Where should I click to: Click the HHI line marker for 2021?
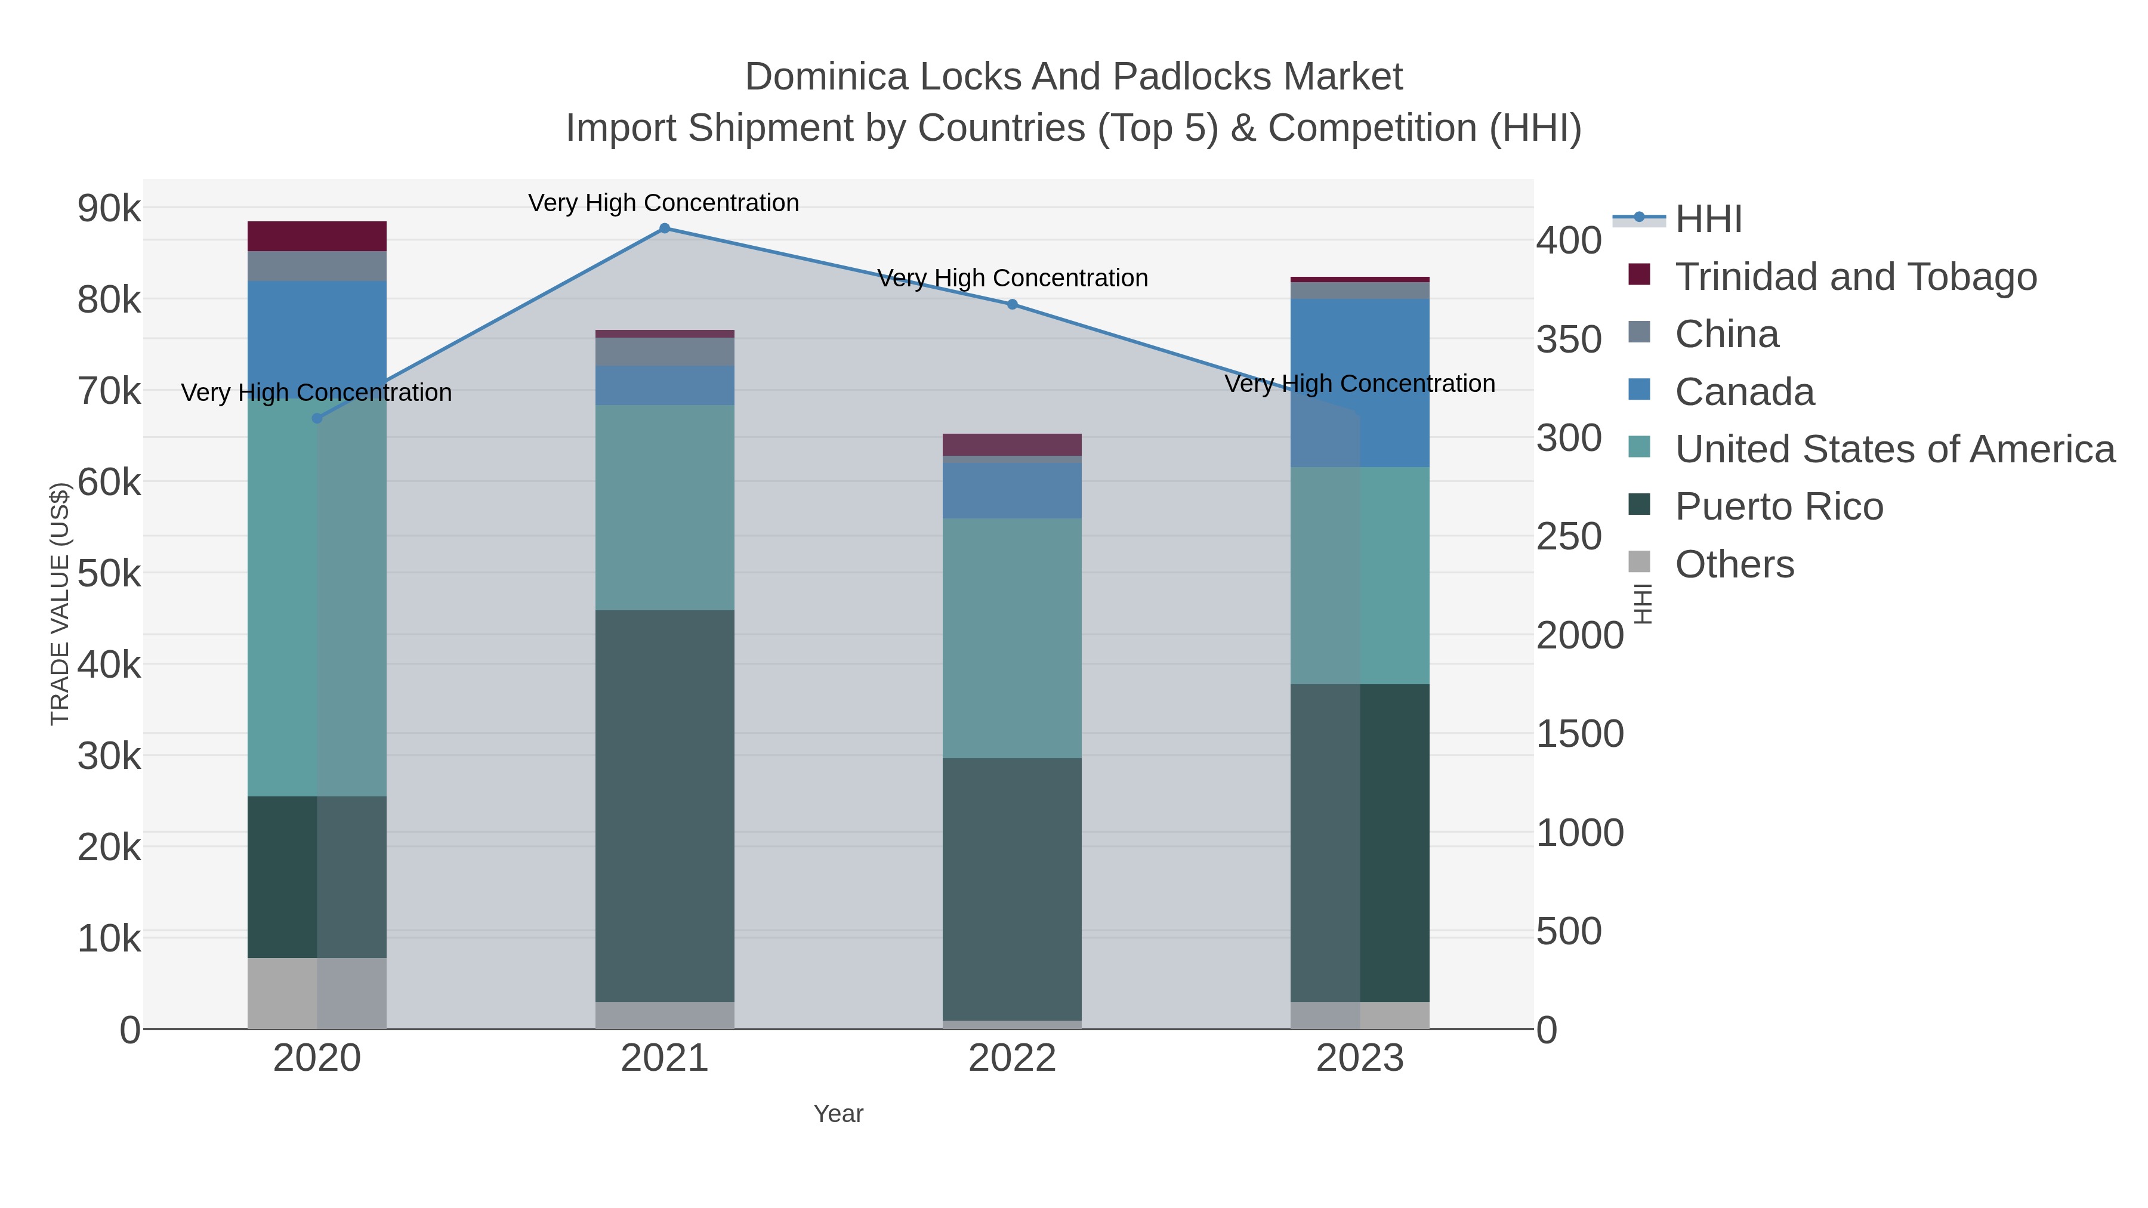tap(665, 228)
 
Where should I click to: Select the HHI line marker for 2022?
tap(1013, 304)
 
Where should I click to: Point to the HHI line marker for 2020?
tap(317, 419)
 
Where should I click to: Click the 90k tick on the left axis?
tap(109, 208)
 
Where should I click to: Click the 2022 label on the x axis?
tap(1013, 1059)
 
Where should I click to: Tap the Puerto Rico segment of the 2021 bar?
tap(665, 805)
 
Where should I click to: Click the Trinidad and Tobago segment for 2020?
tap(317, 236)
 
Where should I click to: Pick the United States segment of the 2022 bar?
tap(1013, 638)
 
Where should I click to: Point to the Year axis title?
tap(838, 1114)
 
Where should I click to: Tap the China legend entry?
tap(1726, 334)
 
